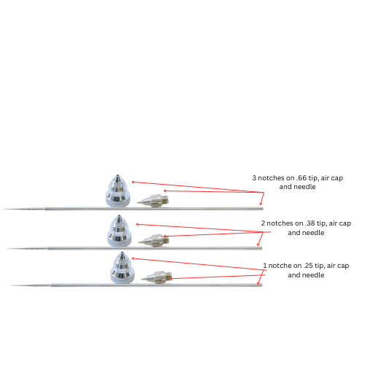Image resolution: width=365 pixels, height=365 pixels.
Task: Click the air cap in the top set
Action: [x=118, y=191]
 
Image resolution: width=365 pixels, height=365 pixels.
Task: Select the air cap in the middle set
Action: [x=120, y=231]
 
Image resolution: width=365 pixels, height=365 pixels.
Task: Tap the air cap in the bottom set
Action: [x=122, y=268]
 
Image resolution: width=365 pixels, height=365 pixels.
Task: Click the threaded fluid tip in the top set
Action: [x=153, y=200]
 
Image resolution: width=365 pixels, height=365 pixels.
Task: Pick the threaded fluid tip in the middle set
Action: [x=154, y=240]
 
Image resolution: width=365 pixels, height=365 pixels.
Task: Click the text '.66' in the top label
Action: [x=301, y=178]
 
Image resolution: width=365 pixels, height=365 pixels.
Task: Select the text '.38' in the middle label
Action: [x=310, y=223]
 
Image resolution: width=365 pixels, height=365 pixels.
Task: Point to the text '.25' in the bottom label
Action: [x=308, y=266]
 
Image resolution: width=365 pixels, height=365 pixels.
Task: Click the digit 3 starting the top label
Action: [x=254, y=178]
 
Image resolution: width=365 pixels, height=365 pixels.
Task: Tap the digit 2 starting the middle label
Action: [x=263, y=223]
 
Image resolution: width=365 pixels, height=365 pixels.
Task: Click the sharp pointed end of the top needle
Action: [x=4, y=209]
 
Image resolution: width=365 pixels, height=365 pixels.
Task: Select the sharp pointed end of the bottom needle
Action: [x=11, y=285]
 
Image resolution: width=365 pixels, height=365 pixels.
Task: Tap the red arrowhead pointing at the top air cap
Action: [x=133, y=182]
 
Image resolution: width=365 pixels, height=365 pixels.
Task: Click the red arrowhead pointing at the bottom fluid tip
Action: [x=172, y=279]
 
